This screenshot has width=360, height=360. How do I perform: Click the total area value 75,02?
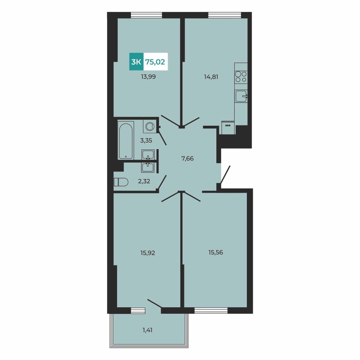[x=155, y=62]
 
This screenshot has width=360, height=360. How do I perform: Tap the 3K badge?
[x=136, y=61]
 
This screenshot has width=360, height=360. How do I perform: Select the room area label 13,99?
[x=148, y=77]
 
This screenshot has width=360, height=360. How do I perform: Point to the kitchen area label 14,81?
[x=211, y=77]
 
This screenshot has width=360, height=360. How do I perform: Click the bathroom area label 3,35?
[x=146, y=140]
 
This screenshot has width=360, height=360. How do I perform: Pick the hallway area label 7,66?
[x=188, y=158]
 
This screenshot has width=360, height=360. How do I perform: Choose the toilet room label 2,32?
[x=144, y=182]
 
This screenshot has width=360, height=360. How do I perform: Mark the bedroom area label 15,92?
[x=148, y=253]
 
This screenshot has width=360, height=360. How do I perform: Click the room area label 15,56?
[x=216, y=252]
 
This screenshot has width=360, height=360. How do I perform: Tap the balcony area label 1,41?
[x=147, y=330]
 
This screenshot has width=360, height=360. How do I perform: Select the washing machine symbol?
[x=150, y=127]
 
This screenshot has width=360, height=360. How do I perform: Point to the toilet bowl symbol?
[x=121, y=182]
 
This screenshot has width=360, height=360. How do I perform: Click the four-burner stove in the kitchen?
[x=241, y=77]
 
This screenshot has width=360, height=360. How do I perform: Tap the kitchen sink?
[x=241, y=96]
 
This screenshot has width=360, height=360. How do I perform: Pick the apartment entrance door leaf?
[x=225, y=174]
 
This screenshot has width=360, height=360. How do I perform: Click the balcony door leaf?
[x=155, y=304]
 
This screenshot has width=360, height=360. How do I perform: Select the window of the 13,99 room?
[x=146, y=15]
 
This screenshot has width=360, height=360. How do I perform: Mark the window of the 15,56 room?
[x=211, y=310]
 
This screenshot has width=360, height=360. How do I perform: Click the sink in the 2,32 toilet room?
[x=148, y=167]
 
